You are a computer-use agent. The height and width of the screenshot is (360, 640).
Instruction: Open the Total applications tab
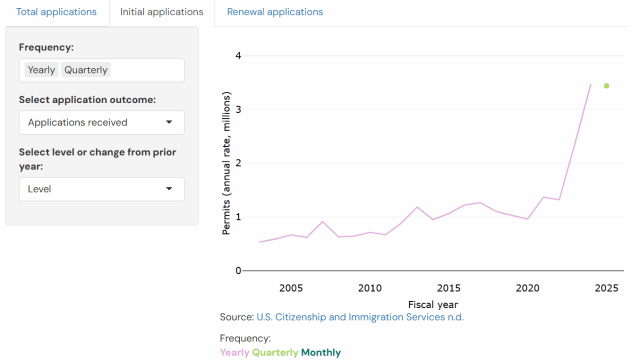pyautogui.click(x=56, y=12)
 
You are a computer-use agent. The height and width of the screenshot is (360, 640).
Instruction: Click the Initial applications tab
pyautogui.click(x=161, y=12)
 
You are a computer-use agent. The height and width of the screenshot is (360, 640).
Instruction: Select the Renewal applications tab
pyautogui.click(x=275, y=12)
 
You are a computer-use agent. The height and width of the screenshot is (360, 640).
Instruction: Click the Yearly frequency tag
pyautogui.click(x=41, y=70)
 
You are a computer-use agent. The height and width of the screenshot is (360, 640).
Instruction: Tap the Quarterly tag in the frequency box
pyautogui.click(x=86, y=70)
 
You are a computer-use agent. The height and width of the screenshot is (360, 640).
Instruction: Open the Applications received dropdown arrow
pyautogui.click(x=169, y=122)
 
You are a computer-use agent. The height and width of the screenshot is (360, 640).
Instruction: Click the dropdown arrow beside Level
pyautogui.click(x=169, y=189)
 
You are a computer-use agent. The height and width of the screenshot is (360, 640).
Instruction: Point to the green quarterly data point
pyautogui.click(x=606, y=86)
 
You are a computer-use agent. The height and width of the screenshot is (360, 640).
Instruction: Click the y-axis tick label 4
pyautogui.click(x=238, y=55)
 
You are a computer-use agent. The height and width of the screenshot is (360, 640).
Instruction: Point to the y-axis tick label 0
pyautogui.click(x=238, y=270)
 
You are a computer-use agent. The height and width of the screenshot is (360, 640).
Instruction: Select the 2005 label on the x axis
pyautogui.click(x=291, y=288)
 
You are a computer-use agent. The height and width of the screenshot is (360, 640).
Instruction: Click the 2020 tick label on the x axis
pyautogui.click(x=527, y=288)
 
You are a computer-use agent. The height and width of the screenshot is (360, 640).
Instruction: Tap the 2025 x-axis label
pyautogui.click(x=606, y=288)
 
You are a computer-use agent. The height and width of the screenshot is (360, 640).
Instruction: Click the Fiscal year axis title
pyautogui.click(x=433, y=304)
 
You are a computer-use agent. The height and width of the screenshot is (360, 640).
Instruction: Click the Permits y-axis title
pyautogui.click(x=226, y=163)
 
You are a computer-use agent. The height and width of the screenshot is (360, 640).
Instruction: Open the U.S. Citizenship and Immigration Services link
pyautogui.click(x=360, y=317)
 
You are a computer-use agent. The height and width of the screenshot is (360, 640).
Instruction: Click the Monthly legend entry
pyautogui.click(x=321, y=352)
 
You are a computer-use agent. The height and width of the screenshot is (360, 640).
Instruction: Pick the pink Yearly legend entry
pyautogui.click(x=234, y=352)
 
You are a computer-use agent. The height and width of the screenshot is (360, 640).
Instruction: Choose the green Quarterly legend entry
pyautogui.click(x=275, y=352)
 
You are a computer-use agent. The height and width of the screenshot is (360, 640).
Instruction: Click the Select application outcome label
pyautogui.click(x=87, y=99)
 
